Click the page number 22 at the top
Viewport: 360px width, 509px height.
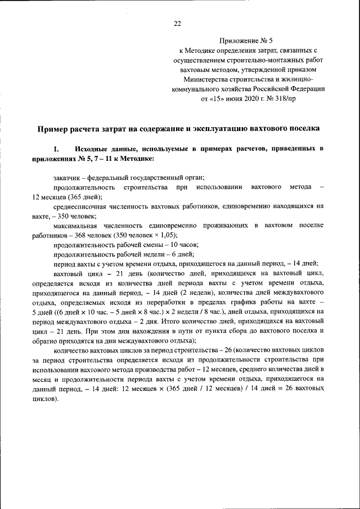click(177, 23)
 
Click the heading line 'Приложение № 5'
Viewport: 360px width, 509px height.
click(248, 41)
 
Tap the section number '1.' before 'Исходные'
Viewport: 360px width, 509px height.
click(56, 149)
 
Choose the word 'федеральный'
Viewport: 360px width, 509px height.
click(112, 178)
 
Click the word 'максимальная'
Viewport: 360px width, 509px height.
click(77, 226)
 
